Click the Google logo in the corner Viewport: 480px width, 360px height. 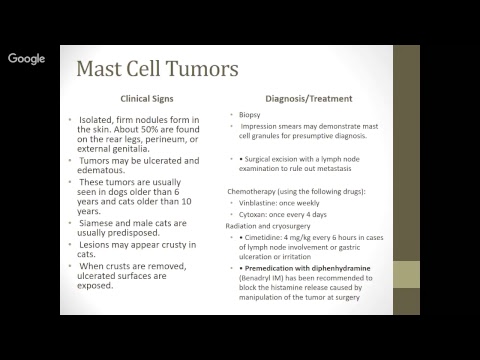point(27,58)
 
